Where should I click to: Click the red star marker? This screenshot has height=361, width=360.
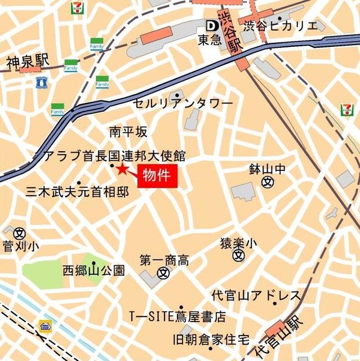(x=122, y=169)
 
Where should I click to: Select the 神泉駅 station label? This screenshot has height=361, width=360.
(x=28, y=60)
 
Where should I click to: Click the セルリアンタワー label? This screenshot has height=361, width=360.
(x=183, y=104)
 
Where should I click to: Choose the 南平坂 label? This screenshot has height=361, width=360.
(x=128, y=132)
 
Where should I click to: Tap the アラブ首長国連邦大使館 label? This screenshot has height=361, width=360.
(x=115, y=156)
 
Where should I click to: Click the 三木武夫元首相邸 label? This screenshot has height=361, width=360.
(x=77, y=192)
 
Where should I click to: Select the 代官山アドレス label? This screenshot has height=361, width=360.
(x=255, y=296)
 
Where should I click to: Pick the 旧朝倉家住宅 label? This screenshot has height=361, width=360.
(x=211, y=340)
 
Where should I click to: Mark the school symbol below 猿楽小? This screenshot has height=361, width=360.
(x=239, y=256)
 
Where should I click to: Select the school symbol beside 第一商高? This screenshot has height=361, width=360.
(x=163, y=273)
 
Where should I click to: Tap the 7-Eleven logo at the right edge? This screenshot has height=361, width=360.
(x=346, y=109)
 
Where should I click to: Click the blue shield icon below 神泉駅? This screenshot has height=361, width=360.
(x=41, y=83)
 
